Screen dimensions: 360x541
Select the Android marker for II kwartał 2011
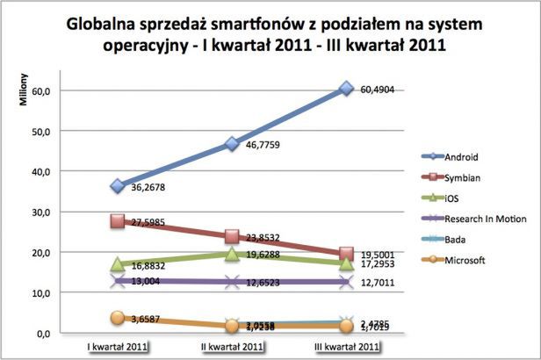[x=232, y=143]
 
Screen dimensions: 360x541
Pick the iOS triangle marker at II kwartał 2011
[x=232, y=254]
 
